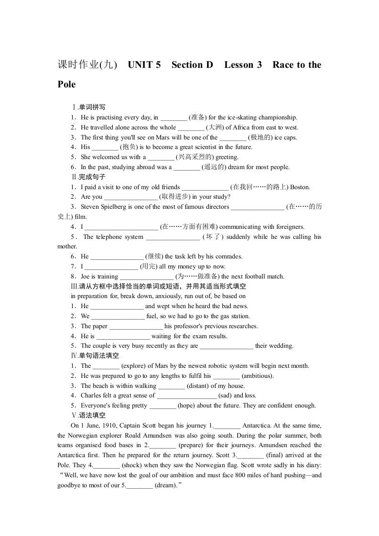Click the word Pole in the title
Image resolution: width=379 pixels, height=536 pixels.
click(x=66, y=85)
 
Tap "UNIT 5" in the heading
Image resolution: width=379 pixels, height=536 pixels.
click(x=144, y=65)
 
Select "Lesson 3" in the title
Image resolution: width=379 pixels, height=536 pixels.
click(x=243, y=65)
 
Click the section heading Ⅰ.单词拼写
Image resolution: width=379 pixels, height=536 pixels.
click(x=88, y=107)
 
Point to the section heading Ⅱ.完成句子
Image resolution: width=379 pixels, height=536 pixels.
click(x=88, y=177)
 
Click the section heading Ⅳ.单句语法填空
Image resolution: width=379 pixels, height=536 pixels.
click(x=95, y=356)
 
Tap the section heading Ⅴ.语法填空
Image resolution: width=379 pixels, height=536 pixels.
click(x=88, y=416)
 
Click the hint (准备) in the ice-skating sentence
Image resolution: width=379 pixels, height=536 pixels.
click(x=198, y=118)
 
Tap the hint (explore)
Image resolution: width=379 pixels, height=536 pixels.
click(x=134, y=366)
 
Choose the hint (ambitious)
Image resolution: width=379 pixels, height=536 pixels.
click(x=258, y=376)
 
